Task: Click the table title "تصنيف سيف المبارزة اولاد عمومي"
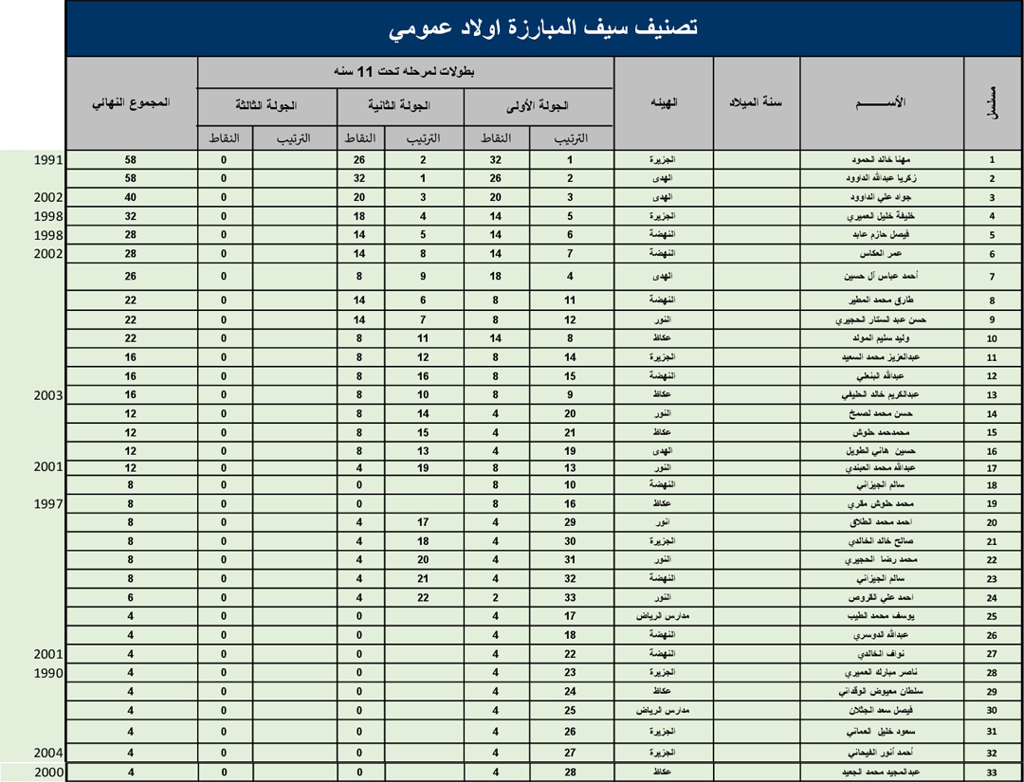coord(543,29)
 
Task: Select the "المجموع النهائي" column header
coord(131,102)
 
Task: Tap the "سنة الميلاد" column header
coord(756,102)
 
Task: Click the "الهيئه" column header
coord(663,102)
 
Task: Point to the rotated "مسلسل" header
coord(991,102)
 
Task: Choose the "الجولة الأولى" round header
coord(539,106)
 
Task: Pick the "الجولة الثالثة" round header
coord(266,106)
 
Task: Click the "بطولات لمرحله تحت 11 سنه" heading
coord(405,72)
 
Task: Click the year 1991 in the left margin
coord(47,160)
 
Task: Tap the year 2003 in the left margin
coord(47,393)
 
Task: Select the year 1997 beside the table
coord(47,502)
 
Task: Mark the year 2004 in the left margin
coord(47,753)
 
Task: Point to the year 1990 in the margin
coord(47,673)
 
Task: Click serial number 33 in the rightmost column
coord(991,773)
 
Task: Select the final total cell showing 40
coord(131,197)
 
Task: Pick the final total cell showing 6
coord(131,598)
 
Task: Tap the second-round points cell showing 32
coord(359,178)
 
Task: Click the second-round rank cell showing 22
coord(423,598)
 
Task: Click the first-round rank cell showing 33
coord(570,598)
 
